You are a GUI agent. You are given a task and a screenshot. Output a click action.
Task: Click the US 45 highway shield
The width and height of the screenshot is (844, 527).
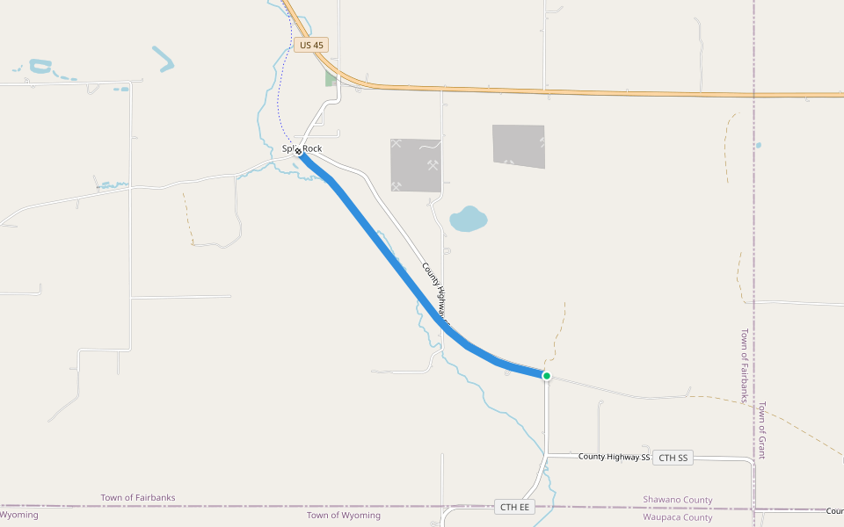tap(311, 44)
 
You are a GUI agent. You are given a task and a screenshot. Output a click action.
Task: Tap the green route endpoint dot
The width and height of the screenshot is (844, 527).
tap(546, 376)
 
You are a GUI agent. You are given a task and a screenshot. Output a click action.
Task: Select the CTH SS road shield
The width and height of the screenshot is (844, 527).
tap(673, 458)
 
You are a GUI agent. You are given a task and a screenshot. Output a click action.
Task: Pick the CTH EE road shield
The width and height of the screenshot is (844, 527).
tap(514, 507)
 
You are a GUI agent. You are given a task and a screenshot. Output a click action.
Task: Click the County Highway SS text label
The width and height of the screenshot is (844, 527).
tap(614, 457)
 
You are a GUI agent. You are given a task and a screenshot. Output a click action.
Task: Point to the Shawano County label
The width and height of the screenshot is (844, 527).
tap(677, 500)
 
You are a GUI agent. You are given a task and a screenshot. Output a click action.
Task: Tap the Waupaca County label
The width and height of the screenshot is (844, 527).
tap(677, 517)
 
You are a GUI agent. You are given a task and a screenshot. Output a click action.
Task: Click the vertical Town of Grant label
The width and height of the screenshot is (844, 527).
tap(762, 430)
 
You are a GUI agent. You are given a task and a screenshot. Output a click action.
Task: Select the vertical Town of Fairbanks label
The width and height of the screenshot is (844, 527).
tap(744, 365)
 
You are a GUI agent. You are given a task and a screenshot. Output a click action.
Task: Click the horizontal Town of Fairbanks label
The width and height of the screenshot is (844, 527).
tap(138, 498)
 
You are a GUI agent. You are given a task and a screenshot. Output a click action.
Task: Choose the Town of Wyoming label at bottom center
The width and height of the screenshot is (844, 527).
tap(343, 516)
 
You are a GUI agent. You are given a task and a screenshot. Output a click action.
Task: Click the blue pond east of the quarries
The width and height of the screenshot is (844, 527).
tap(468, 219)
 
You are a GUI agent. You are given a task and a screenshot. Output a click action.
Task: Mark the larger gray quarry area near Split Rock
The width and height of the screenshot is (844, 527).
tap(415, 164)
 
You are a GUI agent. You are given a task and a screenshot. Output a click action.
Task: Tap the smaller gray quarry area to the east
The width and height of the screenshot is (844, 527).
tap(518, 145)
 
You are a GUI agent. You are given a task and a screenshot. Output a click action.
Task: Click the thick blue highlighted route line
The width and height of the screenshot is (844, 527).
tap(387, 255)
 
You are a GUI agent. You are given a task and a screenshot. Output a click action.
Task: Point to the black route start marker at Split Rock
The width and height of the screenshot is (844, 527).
tap(299, 151)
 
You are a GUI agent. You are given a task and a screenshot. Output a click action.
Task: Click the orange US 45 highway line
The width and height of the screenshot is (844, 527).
tap(571, 90)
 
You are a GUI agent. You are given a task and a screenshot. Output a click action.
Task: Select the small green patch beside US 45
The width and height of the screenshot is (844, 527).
tap(331, 78)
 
